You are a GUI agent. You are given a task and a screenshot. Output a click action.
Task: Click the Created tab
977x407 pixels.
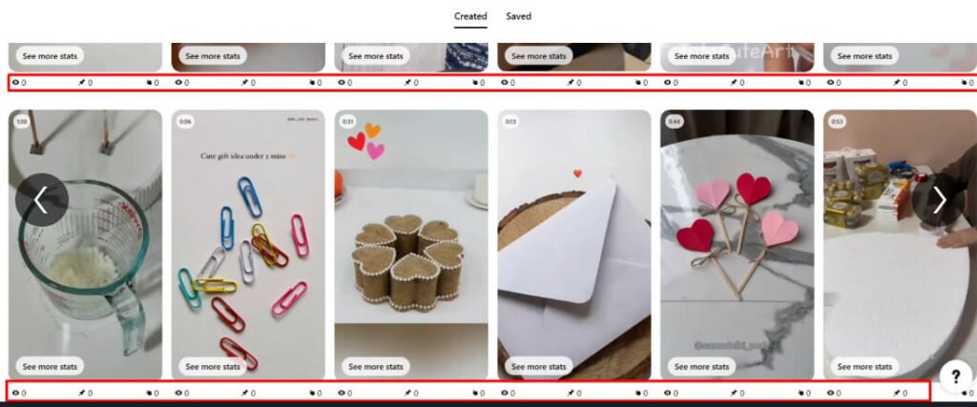[x=470, y=16]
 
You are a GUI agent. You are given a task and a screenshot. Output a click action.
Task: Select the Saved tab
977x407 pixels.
[x=518, y=16]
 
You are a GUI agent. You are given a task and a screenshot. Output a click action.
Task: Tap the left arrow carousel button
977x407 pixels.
[x=41, y=199]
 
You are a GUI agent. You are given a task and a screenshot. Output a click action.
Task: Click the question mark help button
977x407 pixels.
[x=955, y=376]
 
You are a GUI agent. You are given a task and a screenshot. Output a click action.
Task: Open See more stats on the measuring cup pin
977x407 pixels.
[x=50, y=366]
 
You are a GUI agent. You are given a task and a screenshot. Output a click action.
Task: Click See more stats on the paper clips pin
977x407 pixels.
[x=212, y=366]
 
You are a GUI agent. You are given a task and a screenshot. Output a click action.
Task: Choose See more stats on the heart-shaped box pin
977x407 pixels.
[x=375, y=366]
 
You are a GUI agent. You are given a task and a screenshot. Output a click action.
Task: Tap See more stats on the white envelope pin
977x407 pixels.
[x=538, y=366]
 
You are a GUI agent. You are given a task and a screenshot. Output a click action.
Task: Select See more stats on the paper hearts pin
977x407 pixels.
[x=701, y=366]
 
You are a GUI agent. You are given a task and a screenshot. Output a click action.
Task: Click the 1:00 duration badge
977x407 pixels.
[x=21, y=122]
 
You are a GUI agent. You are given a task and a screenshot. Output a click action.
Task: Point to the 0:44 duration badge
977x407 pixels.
[x=674, y=122]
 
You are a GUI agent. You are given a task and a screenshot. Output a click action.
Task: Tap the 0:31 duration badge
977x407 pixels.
[x=348, y=122]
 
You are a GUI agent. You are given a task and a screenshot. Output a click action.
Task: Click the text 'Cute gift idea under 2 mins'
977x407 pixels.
[x=246, y=154]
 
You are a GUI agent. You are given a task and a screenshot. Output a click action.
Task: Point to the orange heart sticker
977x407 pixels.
[x=372, y=130]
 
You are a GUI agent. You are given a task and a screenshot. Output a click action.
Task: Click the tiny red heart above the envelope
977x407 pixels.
[x=576, y=173]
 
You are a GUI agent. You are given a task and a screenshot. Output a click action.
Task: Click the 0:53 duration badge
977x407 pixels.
[x=837, y=122]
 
